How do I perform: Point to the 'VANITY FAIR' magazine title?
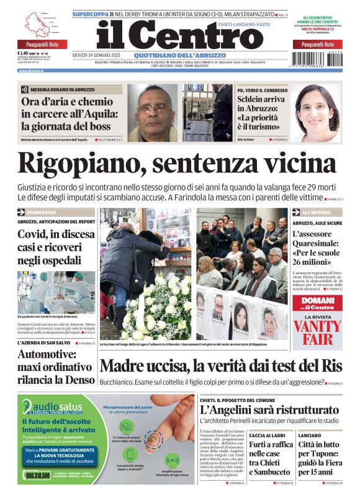(x=317, y=332)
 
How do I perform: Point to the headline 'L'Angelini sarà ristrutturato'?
(x=269, y=410)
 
